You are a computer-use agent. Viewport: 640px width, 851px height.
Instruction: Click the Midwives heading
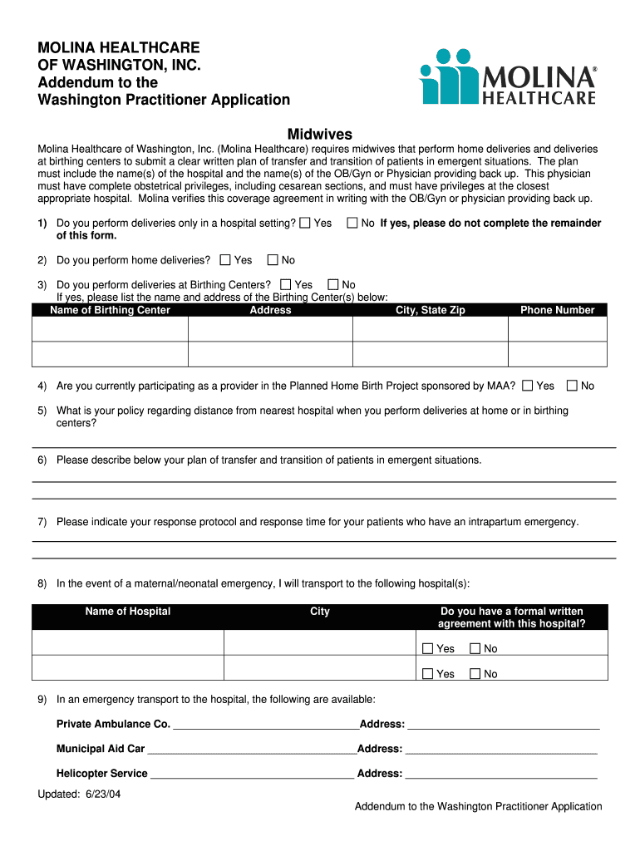pos(319,134)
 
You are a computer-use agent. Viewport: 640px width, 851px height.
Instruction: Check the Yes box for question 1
pos(305,223)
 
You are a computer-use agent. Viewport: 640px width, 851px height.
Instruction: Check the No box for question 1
pos(352,223)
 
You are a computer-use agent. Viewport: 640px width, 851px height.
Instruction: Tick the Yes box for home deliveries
pos(225,260)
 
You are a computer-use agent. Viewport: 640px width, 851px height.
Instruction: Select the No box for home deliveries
pos(273,260)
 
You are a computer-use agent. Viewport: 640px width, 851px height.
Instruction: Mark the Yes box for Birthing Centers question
pos(287,284)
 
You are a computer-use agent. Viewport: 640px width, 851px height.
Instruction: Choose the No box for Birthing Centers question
pos(333,284)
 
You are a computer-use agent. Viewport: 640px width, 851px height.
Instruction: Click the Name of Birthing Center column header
pos(110,310)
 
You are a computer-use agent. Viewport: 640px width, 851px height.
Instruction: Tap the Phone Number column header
pos(557,310)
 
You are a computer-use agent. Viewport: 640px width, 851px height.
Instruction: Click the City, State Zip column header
pos(431,310)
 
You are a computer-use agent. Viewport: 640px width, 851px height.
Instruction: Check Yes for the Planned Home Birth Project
pos(528,386)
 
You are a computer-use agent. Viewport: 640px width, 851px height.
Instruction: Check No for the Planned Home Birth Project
pos(572,386)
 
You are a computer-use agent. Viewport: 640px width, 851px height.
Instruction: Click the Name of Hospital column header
pos(127,612)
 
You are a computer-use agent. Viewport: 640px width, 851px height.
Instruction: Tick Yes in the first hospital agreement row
pos(428,648)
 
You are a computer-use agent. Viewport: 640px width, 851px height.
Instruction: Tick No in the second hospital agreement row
pos(475,674)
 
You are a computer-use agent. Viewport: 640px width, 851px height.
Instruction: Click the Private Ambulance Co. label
pos(113,724)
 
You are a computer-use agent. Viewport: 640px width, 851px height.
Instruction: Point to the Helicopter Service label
pos(101,774)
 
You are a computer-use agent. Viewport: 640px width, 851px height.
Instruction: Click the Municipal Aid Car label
pos(100,749)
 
